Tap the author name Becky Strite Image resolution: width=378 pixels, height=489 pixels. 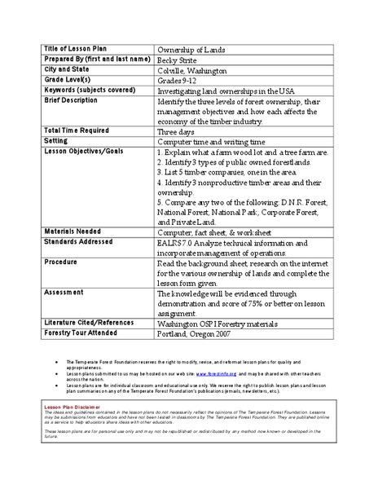[178, 59]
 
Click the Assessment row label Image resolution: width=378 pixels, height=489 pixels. [65, 291]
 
